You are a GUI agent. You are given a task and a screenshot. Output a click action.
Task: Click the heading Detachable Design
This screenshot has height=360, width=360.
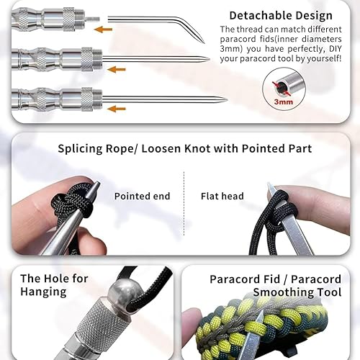(x=281, y=16)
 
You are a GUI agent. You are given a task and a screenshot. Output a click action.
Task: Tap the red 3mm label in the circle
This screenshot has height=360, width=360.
(x=284, y=102)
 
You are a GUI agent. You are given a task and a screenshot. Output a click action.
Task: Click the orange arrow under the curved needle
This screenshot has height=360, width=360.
(x=103, y=30)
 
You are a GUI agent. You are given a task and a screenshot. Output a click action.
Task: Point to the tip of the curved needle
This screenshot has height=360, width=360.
(x=204, y=43)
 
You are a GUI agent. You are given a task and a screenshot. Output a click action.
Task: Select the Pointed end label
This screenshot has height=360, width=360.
(x=142, y=196)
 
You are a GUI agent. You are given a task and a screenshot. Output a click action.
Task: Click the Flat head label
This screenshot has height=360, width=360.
(x=222, y=196)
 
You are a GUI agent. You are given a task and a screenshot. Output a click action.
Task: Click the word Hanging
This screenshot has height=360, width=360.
(x=43, y=292)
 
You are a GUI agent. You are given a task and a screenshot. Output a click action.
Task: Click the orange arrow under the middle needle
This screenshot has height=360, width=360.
(x=117, y=70)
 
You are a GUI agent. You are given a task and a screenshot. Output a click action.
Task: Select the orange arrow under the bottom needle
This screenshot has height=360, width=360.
(x=117, y=109)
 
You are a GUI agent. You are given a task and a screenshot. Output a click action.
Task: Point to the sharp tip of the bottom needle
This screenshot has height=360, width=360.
(x=227, y=99)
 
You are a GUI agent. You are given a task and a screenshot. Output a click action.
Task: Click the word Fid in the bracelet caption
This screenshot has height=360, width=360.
(x=271, y=279)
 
